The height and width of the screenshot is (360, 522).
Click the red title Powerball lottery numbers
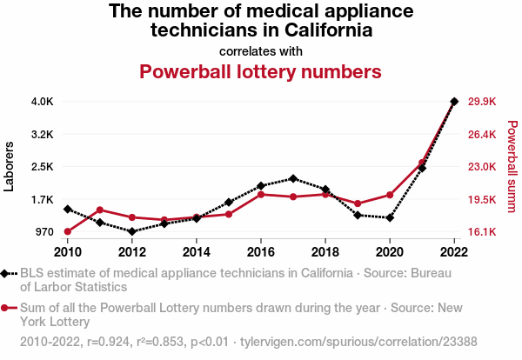pyautogui.click(x=261, y=70)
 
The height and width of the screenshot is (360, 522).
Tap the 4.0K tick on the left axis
pyautogui.click(x=42, y=101)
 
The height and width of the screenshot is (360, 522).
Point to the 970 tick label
pyautogui.click(x=43, y=232)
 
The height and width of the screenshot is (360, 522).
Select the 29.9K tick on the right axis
pyautogui.click(x=481, y=101)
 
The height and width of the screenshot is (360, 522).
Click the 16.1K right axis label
pyautogui.click(x=481, y=232)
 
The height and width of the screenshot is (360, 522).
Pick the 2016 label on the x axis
pyautogui.click(x=261, y=252)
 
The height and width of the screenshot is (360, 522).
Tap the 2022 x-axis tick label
pyautogui.click(x=454, y=252)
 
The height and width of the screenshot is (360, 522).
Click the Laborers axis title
pyautogui.click(x=10, y=166)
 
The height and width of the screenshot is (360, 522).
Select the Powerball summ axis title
pyautogui.click(x=512, y=166)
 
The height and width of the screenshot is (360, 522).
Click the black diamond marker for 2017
pyautogui.click(x=293, y=178)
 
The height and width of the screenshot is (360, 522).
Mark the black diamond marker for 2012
pyautogui.click(x=132, y=231)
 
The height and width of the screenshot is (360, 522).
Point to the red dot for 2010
pyautogui.click(x=68, y=231)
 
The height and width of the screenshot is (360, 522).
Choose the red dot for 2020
pyautogui.click(x=390, y=195)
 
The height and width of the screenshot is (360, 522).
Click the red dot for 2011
pyautogui.click(x=100, y=210)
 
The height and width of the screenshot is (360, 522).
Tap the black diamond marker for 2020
pyautogui.click(x=390, y=217)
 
